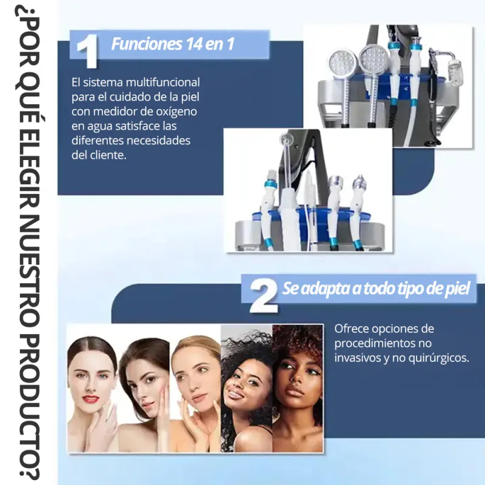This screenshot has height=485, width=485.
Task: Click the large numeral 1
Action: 87,51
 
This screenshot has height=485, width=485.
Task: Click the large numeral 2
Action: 264,296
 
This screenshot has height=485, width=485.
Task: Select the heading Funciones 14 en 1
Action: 173,44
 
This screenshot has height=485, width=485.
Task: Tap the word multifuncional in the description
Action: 162,82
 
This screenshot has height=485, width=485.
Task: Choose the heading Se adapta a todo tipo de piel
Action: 376,289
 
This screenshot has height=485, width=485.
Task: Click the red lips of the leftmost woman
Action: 91,399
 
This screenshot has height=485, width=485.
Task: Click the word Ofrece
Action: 352,329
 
